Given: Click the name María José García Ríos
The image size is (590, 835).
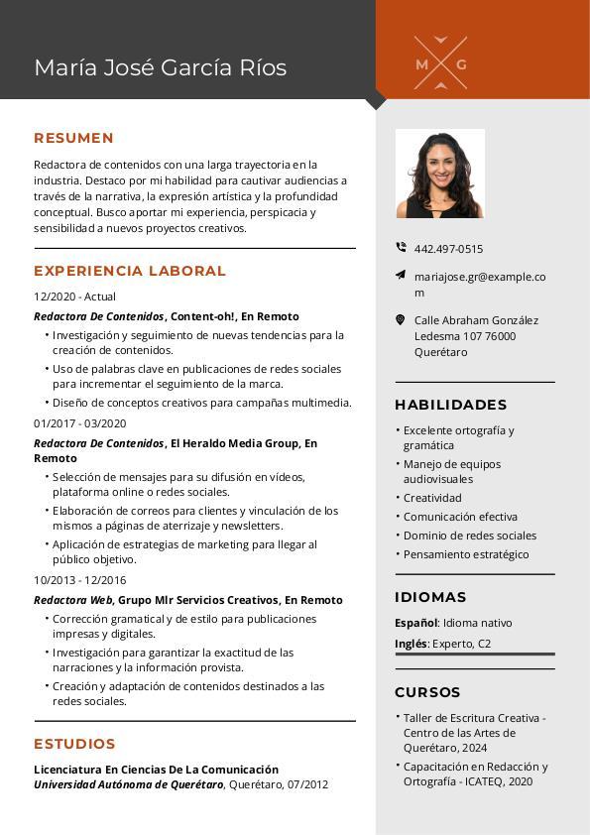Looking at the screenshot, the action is coord(160,67).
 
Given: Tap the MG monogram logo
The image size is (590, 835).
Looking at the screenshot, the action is coord(440,63).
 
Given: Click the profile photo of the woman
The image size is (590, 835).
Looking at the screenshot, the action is coord(439,174).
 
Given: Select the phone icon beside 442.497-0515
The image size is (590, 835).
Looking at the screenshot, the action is coord(401,248).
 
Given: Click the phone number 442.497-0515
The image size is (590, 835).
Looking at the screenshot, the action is coord(448,249).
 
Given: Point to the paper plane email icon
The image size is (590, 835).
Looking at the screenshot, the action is coord(401,275).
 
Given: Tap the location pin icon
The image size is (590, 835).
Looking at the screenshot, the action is coord(401,320).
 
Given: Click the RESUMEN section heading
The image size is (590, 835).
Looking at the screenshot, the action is coord(73,138).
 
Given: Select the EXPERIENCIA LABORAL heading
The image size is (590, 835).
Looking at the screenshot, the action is coord(130,271).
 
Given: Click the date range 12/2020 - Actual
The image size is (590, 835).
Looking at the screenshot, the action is coord(74,297).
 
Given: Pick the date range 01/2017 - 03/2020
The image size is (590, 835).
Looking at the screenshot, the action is coord(79,423).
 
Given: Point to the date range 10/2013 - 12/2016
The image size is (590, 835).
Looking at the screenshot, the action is coord(79,580).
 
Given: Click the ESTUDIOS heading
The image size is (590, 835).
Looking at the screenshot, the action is coord(74,744).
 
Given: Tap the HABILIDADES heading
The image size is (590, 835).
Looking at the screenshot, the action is coord(450,405).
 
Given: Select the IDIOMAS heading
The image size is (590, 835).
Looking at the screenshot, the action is coord(430,597).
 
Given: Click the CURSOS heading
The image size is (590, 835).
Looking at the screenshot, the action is coord(427,692).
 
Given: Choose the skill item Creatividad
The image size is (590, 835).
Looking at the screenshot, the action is coord(432,498).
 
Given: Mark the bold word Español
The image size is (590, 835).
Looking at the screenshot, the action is coord(415,623).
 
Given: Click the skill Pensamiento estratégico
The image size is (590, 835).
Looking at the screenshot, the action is coord(466,554).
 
